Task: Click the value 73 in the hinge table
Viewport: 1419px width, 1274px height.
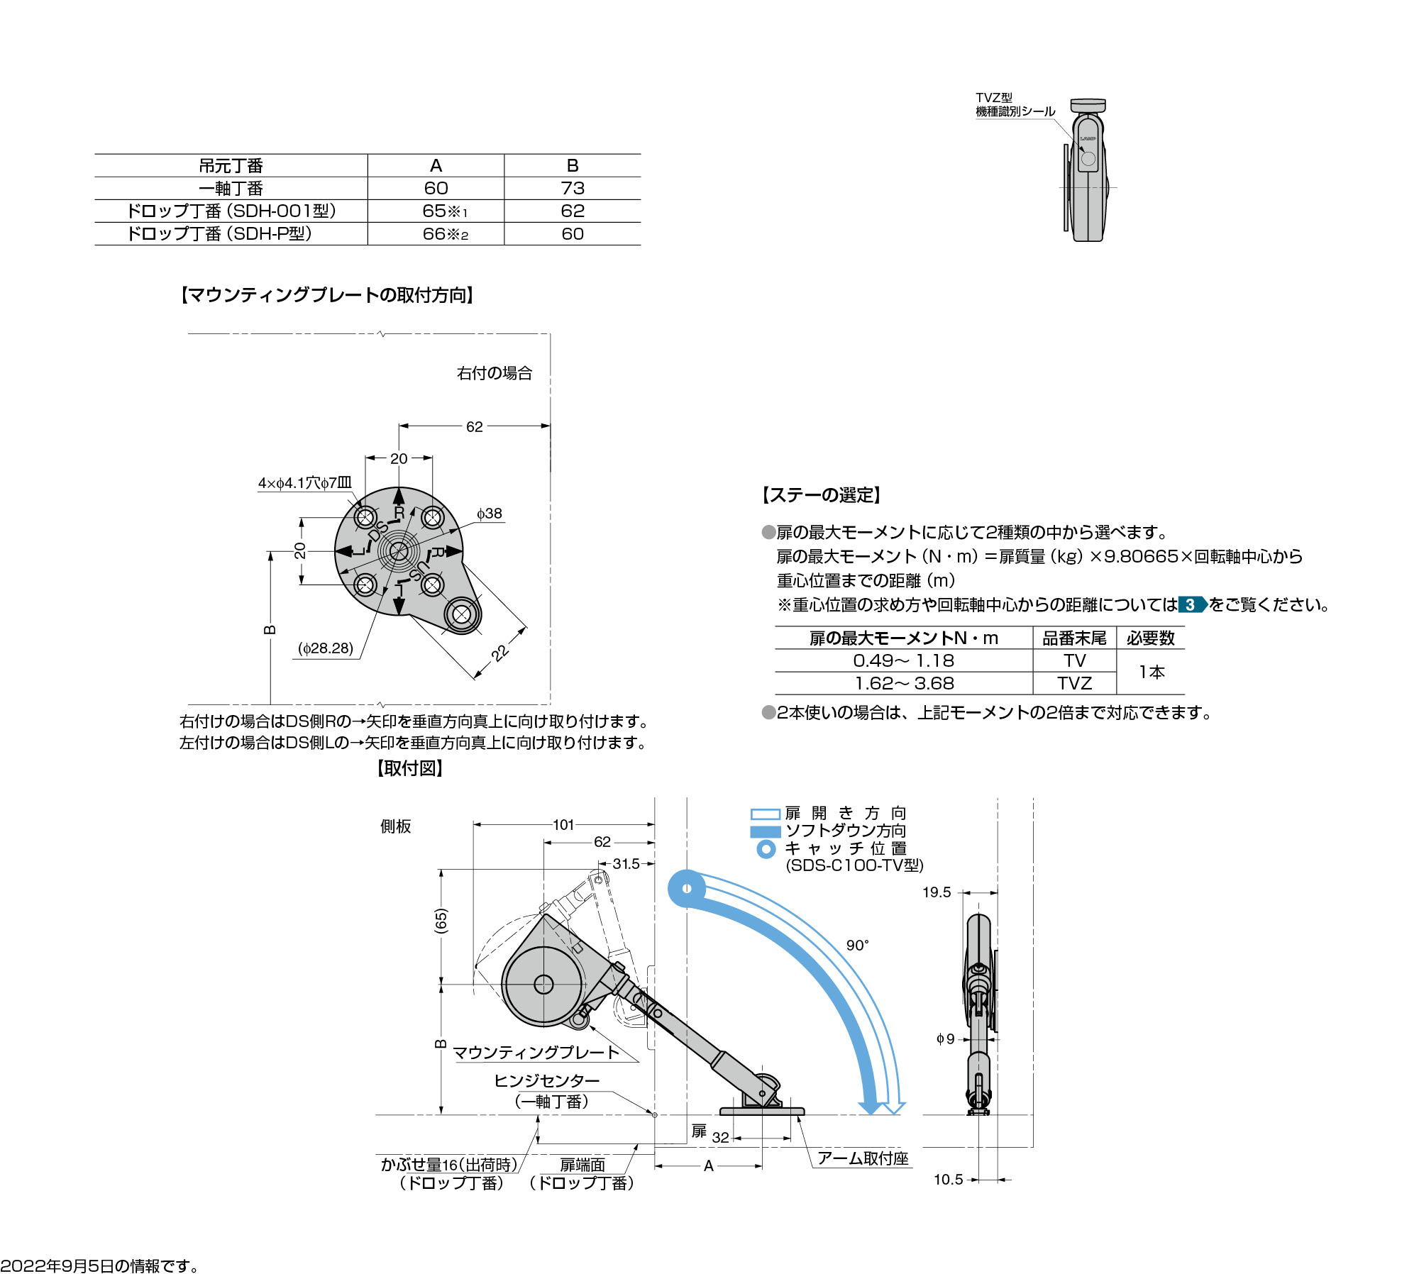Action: point(572,188)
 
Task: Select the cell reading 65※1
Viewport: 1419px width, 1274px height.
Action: point(444,211)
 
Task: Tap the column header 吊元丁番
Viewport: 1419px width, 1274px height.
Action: point(231,166)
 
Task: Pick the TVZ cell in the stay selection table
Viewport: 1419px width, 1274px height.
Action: point(1074,683)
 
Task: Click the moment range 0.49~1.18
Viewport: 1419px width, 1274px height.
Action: point(903,660)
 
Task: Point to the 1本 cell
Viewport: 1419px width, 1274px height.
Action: point(1151,672)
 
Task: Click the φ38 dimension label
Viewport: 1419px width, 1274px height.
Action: point(490,514)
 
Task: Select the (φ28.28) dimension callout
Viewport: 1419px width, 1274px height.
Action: point(326,648)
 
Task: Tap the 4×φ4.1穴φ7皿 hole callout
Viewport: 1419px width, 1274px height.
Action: point(304,483)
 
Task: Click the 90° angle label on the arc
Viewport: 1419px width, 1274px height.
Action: point(857,946)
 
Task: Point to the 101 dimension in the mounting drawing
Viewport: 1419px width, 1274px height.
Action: point(563,824)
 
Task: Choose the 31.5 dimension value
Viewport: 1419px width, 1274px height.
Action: point(626,863)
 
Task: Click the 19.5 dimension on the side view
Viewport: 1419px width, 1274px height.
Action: point(937,892)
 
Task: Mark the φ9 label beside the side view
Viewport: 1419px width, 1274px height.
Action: point(945,1039)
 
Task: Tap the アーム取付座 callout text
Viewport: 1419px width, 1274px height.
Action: point(863,1158)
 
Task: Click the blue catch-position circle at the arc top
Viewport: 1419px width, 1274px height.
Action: point(687,888)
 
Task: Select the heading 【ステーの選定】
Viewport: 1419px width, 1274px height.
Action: point(821,495)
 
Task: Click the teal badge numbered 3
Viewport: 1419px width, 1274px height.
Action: point(1191,605)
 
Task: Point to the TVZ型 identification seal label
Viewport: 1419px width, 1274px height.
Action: point(1015,104)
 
